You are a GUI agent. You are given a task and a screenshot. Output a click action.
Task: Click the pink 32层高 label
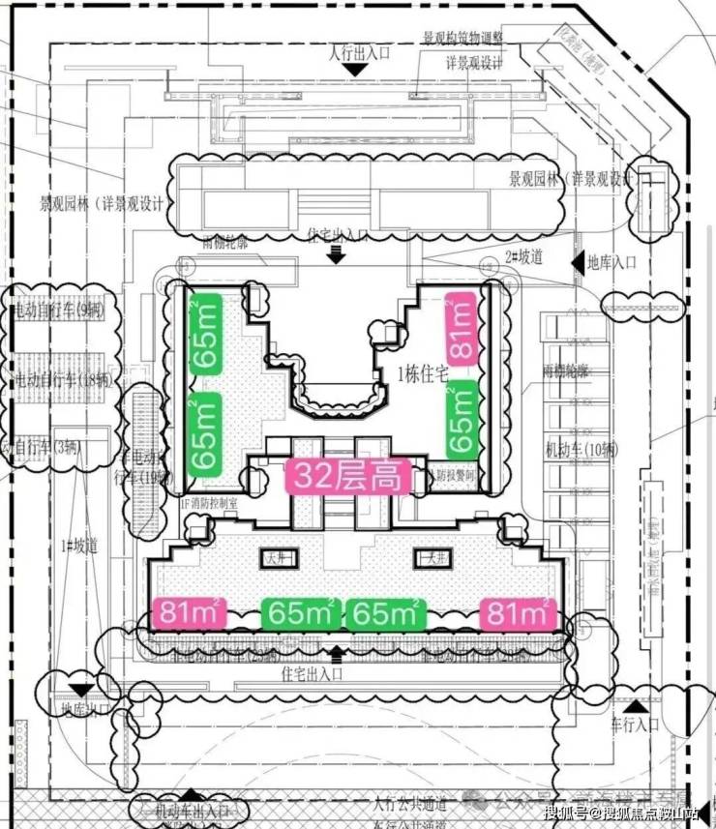click(x=347, y=477)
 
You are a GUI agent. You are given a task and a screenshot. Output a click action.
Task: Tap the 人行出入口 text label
click(x=360, y=52)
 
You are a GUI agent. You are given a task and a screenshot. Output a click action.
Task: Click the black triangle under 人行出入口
click(x=357, y=71)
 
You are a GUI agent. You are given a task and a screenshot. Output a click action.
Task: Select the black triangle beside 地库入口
click(x=578, y=262)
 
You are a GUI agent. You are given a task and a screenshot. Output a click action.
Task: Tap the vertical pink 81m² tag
click(x=462, y=330)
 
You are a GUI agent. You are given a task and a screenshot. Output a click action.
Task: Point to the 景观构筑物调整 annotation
click(x=462, y=38)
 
